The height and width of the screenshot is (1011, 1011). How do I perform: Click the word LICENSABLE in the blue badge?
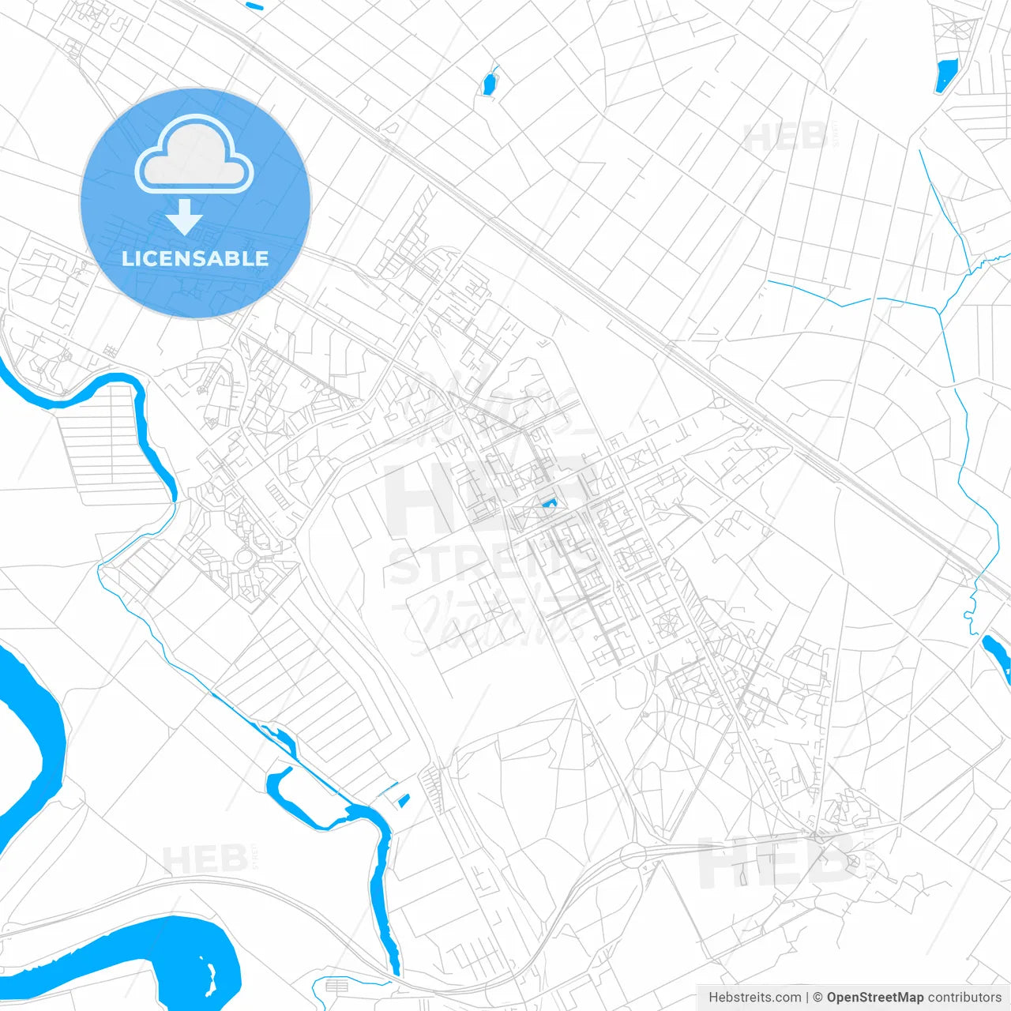tap(195, 258)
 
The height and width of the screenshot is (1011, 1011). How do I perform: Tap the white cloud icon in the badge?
tap(194, 156)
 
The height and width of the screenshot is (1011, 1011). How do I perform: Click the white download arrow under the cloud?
tap(185, 217)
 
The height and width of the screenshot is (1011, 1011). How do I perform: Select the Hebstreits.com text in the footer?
tap(754, 998)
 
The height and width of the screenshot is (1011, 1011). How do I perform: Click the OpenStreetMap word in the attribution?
tap(875, 998)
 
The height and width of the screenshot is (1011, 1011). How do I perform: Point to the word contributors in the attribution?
tap(964, 998)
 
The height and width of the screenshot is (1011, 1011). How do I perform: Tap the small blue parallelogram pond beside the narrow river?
tap(404, 801)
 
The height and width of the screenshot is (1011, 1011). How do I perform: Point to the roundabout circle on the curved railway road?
tap(633, 855)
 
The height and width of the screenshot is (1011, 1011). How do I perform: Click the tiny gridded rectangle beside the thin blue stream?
tap(336, 986)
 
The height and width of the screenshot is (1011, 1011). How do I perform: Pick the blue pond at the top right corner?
tap(945, 76)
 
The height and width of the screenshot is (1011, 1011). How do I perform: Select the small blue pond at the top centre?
tap(490, 82)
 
